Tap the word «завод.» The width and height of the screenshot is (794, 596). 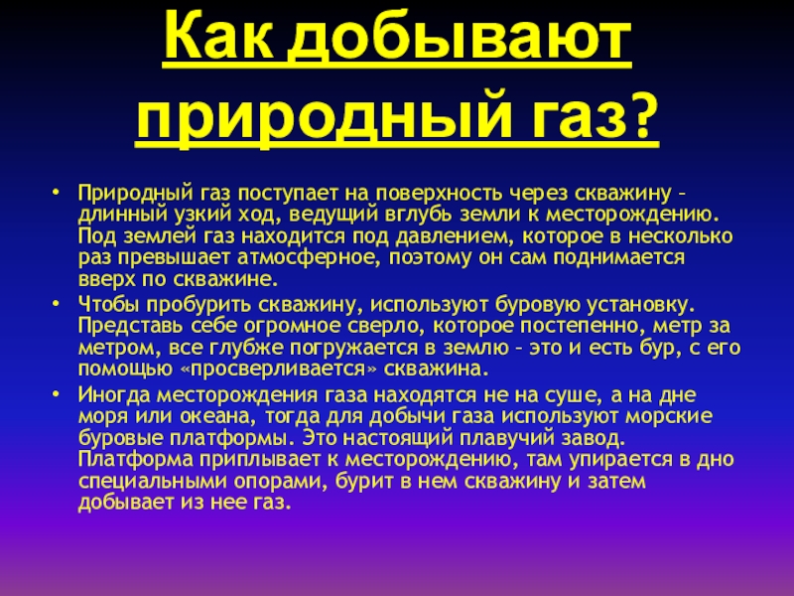[x=589, y=439]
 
